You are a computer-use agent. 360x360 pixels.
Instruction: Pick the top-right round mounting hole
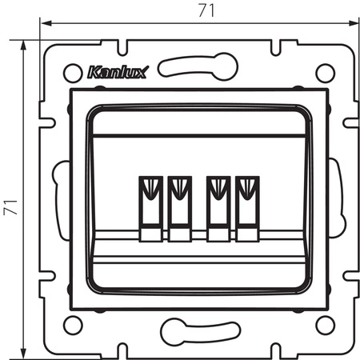324,73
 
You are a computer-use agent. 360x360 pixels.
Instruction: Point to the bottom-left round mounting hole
73,325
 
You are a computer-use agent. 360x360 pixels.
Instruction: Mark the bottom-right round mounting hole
324,325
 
